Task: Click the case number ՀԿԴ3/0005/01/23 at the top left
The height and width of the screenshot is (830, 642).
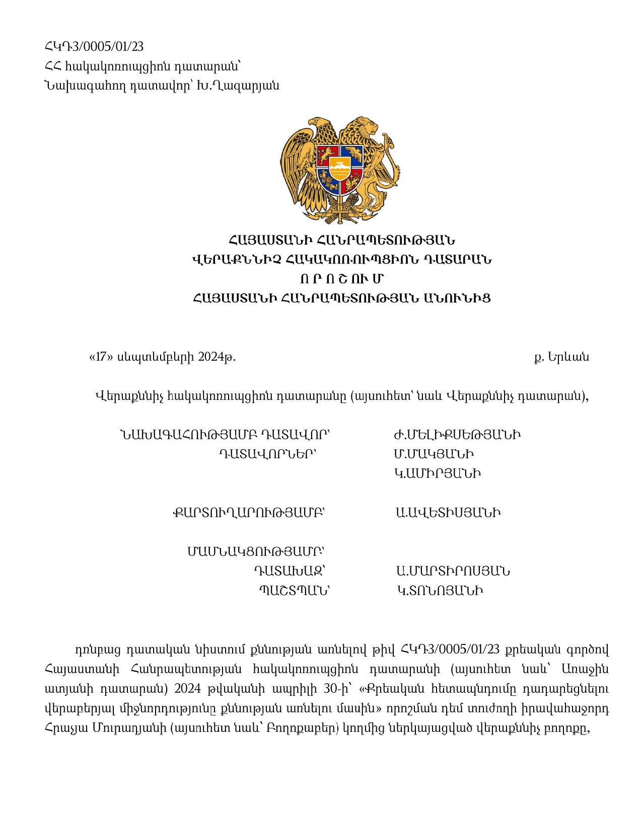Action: pos(94,47)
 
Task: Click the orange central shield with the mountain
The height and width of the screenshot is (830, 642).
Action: pos(340,169)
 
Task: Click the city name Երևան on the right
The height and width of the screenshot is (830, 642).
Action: pos(568,358)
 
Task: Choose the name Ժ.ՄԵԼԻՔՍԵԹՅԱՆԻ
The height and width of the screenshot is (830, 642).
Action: pos(457,435)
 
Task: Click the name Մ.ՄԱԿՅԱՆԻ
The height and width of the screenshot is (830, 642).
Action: pos(434,454)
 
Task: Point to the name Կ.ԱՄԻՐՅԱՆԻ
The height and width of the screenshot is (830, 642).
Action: pos(438,474)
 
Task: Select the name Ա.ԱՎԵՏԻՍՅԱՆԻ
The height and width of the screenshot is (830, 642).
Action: pos(448,513)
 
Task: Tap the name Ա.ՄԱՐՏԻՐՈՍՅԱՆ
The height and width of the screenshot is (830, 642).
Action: pos(453,571)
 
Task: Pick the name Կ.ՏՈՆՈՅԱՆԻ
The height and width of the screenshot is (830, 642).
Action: pos(440,591)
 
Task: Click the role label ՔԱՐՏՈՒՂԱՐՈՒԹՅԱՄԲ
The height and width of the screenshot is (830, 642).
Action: pos(248,513)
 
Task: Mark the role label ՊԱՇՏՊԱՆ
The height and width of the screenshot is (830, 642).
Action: pos(294,591)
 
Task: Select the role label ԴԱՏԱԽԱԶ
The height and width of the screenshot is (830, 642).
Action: pos(289,571)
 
